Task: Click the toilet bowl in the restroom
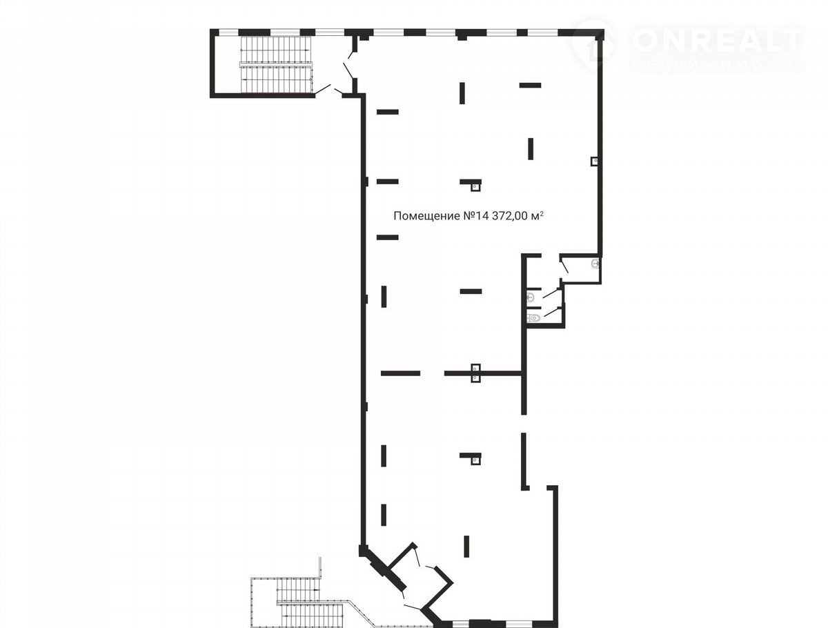533,318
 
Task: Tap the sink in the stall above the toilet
531,297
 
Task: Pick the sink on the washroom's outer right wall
595,263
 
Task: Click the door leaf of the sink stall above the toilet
551,293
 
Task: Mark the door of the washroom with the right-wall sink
564,266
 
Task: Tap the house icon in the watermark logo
594,46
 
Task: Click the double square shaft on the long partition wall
475,373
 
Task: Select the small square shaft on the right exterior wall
595,161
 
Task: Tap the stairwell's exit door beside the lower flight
323,89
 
